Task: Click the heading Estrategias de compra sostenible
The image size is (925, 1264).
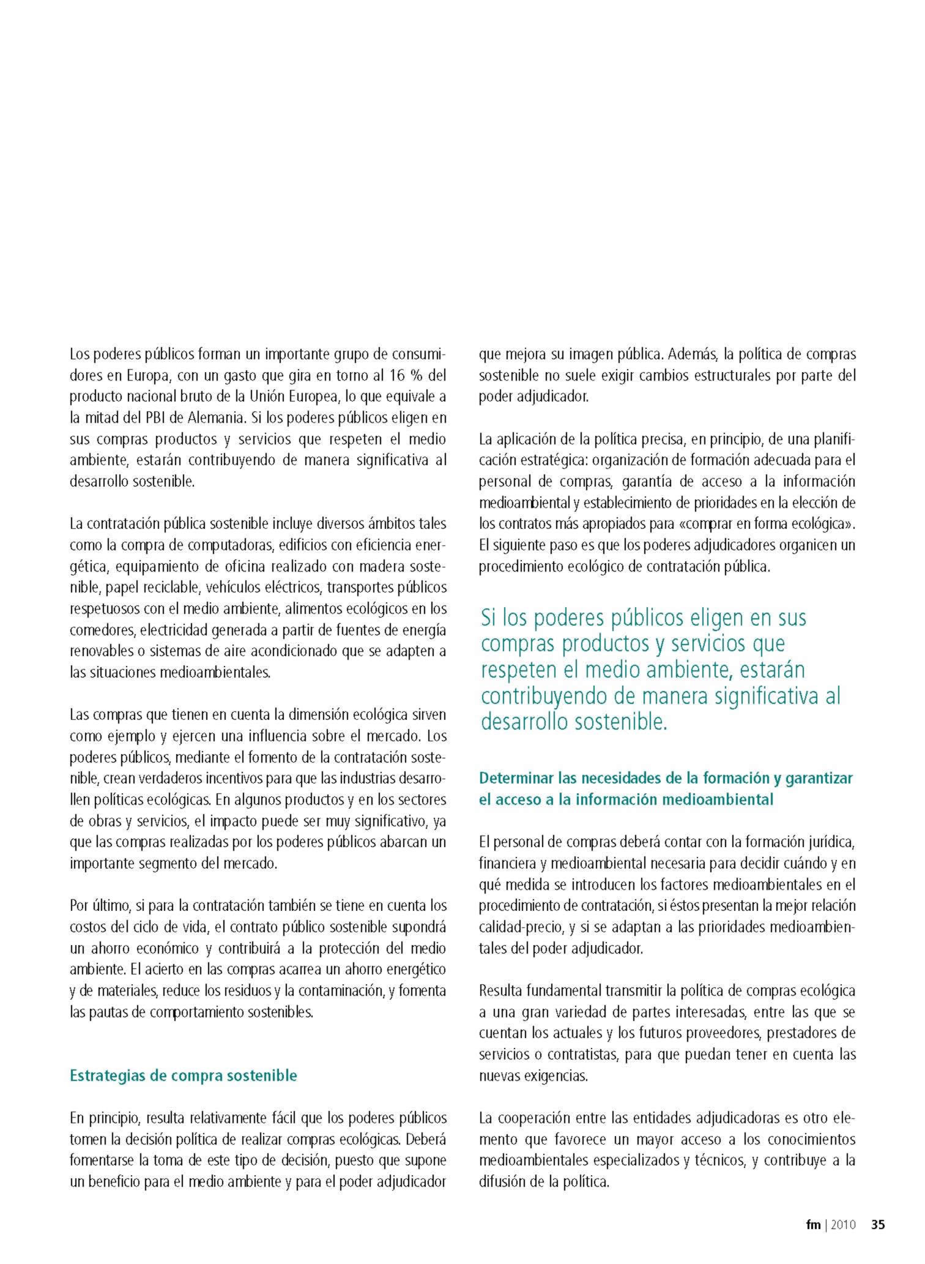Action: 184,1075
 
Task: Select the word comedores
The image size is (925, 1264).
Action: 98,630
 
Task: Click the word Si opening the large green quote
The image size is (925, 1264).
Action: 489,618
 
